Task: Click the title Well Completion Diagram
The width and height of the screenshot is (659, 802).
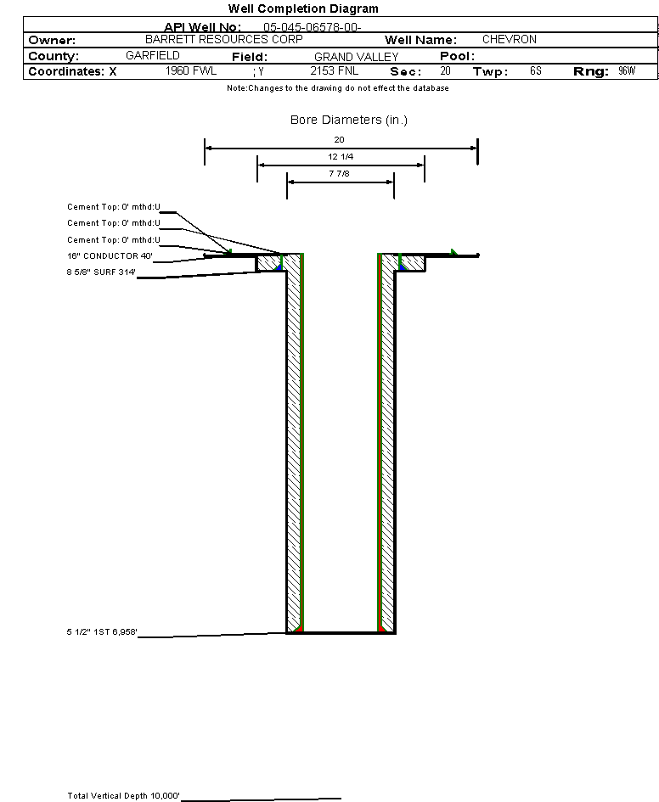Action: (303, 8)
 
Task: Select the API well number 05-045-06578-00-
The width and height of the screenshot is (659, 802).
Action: (313, 27)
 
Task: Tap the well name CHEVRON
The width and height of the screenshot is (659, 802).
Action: (509, 40)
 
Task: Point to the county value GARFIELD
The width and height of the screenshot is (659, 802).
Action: (152, 56)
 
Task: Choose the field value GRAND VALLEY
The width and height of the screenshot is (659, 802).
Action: (356, 57)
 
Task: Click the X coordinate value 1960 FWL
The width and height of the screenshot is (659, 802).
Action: (191, 71)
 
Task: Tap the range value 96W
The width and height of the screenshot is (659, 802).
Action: (627, 71)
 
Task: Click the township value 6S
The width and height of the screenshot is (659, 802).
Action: (535, 71)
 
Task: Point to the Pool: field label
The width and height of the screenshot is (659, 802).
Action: (456, 56)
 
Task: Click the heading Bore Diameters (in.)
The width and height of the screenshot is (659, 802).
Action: (349, 121)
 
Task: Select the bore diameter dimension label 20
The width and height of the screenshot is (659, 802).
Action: (340, 139)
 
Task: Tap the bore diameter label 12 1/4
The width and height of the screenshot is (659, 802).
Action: (340, 157)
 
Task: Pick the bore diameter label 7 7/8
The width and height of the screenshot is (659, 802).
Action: (340, 174)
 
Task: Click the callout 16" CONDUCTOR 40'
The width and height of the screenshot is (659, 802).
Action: (110, 256)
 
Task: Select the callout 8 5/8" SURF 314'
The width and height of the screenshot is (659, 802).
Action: (102, 272)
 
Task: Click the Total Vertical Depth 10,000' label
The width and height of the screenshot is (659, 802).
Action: (124, 796)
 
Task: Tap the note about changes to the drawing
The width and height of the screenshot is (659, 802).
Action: (338, 88)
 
